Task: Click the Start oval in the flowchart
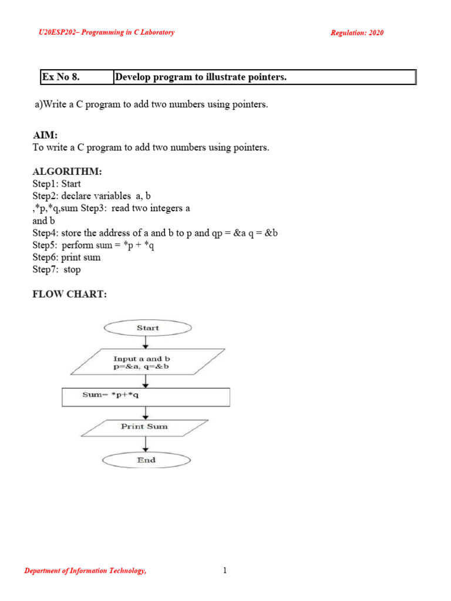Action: tap(147, 327)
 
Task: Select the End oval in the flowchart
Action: tap(146, 460)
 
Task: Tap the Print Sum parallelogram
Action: tap(144, 427)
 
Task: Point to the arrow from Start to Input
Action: tap(146, 342)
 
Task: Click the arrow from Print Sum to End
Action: tap(146, 443)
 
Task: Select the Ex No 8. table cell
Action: tap(76, 77)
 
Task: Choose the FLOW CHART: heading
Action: tap(69, 294)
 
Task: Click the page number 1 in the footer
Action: tap(224, 570)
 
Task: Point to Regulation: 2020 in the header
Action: tap(357, 33)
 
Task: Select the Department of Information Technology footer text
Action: tap(85, 571)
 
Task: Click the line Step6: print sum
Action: tap(66, 257)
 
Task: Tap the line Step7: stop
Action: tap(56, 269)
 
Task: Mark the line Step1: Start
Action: tap(56, 184)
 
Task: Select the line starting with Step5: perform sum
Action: tap(93, 245)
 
